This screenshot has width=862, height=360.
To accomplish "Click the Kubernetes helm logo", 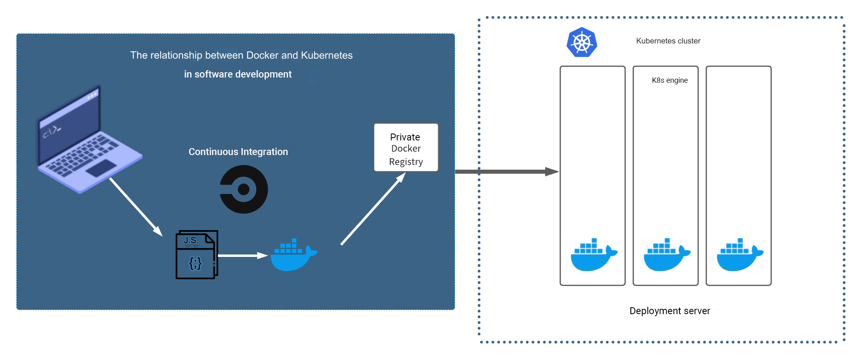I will point(582,43).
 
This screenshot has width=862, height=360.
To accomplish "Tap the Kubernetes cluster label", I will point(668,41).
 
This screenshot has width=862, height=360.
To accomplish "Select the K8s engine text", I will point(669,80).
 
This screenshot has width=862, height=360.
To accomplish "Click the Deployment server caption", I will point(669,311).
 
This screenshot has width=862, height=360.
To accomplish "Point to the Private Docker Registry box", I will point(406,148).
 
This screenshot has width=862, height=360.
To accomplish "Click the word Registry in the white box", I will point(406,162).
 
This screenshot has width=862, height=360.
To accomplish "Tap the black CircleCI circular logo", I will point(244,189).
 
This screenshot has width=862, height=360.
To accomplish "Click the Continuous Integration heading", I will point(238,152).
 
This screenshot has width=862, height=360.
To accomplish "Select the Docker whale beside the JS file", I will point(293,256).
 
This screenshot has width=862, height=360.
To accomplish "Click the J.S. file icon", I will point(197,255).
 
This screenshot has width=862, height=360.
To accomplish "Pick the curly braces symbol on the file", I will point(195,264).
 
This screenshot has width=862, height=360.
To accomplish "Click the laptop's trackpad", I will point(101,168).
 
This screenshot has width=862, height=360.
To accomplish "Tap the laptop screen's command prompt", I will point(52,131).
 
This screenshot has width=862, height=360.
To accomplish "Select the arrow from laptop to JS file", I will point(135,207).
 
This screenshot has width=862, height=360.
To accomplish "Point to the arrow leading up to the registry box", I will point(372,209).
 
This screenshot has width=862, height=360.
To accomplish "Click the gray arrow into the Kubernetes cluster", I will point(507,172).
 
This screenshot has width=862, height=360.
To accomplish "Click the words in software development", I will point(238,74).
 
